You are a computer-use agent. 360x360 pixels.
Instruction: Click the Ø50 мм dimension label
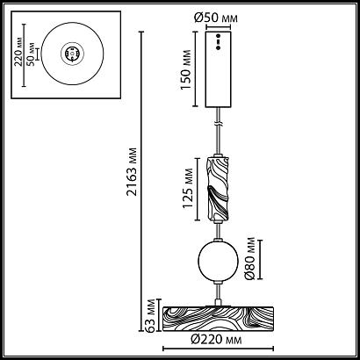click(216, 18)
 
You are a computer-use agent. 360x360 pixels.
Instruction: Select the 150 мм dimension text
click(186, 69)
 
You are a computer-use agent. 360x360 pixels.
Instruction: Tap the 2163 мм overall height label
click(132, 172)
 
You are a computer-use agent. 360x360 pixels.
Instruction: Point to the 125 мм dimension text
click(188, 188)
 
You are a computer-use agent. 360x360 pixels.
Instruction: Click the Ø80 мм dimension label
click(250, 259)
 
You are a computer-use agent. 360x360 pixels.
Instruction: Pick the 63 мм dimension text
click(151, 316)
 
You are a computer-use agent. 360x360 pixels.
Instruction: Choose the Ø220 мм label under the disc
click(216, 340)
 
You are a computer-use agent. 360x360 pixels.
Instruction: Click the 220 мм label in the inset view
click(18, 52)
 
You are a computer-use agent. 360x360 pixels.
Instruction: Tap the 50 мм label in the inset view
click(31, 54)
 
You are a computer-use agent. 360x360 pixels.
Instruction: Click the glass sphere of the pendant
click(218, 261)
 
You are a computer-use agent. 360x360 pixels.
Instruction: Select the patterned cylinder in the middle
click(218, 189)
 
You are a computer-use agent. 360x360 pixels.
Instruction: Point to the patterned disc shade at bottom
click(218, 319)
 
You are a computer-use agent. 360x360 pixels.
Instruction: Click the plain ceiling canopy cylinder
click(218, 69)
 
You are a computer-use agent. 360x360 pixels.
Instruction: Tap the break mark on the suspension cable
click(218, 124)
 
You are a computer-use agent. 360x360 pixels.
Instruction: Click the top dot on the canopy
click(218, 35)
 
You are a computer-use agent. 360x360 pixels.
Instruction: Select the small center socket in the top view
click(72, 54)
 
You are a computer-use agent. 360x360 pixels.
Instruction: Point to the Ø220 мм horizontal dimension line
click(218, 349)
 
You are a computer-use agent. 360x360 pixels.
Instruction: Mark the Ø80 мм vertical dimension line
click(260, 259)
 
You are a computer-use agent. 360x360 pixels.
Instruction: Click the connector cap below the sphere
click(218, 282)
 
